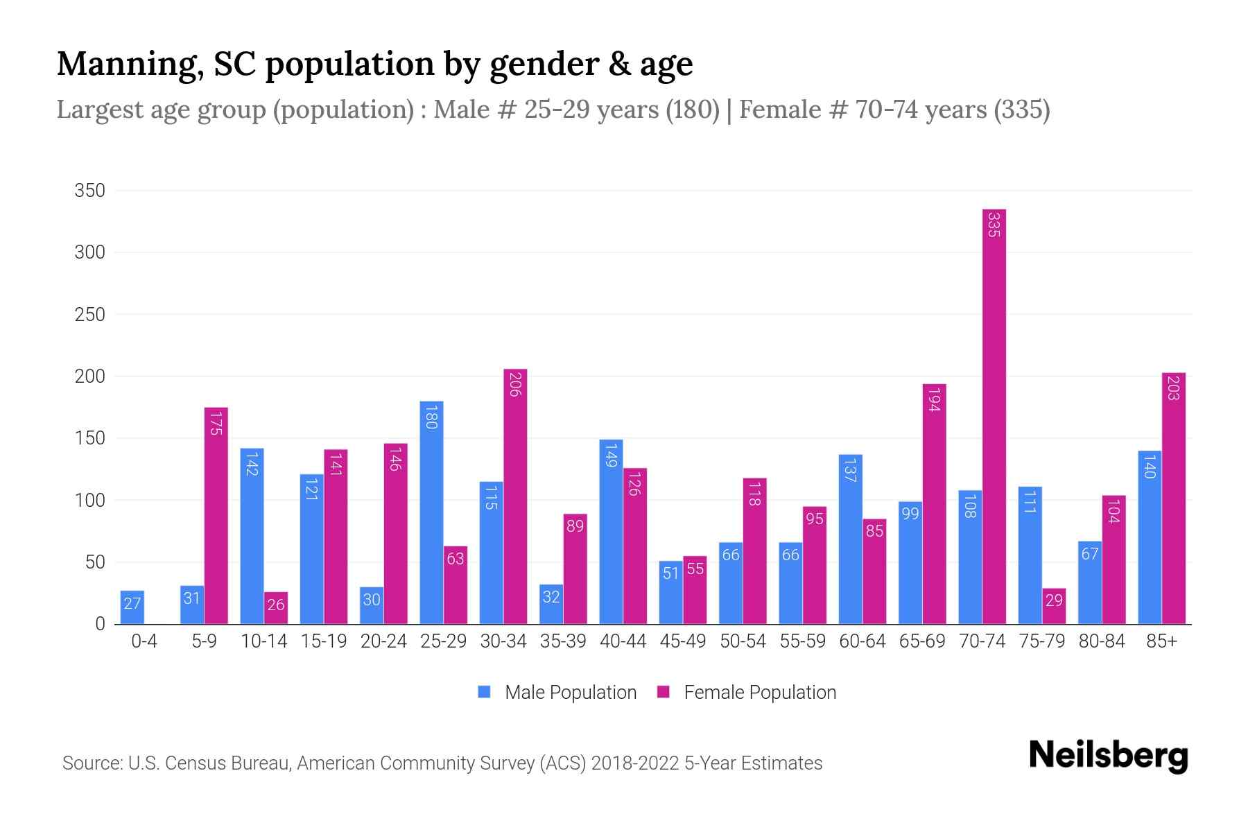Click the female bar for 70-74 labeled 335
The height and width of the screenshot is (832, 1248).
pyautogui.click(x=994, y=416)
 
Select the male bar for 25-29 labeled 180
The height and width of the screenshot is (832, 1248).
pyautogui.click(x=431, y=513)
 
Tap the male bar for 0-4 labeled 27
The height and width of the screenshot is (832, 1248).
pyautogui.click(x=132, y=607)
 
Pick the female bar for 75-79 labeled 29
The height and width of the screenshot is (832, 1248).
pyautogui.click(x=1054, y=607)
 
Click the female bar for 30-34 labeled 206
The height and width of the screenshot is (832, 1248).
pyautogui.click(x=515, y=496)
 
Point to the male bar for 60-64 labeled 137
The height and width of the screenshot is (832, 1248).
pyautogui.click(x=850, y=539)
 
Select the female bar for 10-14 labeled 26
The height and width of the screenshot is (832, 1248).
pyautogui.click(x=276, y=608)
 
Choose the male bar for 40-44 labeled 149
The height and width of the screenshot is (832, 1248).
pyautogui.click(x=611, y=532)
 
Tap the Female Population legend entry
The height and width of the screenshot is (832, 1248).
pyautogui.click(x=747, y=693)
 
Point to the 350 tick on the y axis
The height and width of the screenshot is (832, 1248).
pyautogui.click(x=90, y=191)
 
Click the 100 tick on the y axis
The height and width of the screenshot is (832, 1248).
pyautogui.click(x=90, y=500)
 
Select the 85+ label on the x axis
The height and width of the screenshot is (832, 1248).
pyautogui.click(x=1161, y=641)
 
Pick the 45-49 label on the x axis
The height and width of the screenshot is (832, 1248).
pyautogui.click(x=683, y=641)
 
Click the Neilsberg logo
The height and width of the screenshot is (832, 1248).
pyautogui.click(x=1109, y=755)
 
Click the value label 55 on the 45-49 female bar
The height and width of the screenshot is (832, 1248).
pyautogui.click(x=695, y=569)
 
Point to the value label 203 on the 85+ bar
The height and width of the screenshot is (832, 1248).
pyautogui.click(x=1173, y=388)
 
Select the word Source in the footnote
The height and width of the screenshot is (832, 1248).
pyautogui.click(x=91, y=763)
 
